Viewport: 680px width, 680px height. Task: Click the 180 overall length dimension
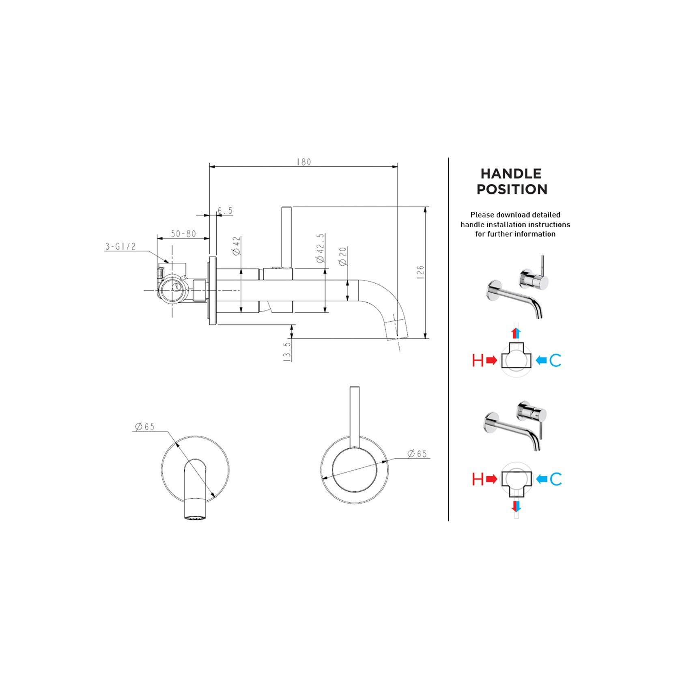click(303, 162)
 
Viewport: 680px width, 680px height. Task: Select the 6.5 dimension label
click(225, 211)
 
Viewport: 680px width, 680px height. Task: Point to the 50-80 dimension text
click(183, 234)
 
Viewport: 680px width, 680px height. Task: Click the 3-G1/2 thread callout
click(120, 246)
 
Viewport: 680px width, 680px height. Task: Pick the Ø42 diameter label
click(237, 246)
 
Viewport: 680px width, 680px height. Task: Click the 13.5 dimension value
click(287, 351)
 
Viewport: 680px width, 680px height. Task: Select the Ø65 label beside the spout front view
click(145, 426)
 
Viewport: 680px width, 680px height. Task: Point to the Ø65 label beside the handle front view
click(417, 454)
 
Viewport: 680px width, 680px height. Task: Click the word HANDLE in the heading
click(511, 174)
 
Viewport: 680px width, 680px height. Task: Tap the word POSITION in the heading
click(512, 189)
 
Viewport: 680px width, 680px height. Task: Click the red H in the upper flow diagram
click(478, 360)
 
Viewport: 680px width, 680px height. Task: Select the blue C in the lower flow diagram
click(556, 480)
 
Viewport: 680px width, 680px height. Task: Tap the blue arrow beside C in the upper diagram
click(541, 360)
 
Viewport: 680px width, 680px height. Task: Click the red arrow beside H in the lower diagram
click(491, 480)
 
